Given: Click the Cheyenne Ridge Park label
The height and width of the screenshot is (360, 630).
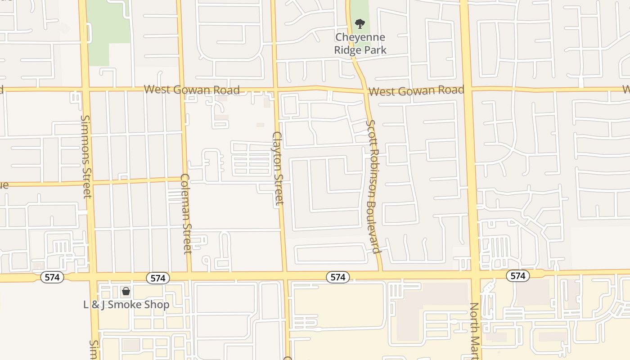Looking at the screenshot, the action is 360,43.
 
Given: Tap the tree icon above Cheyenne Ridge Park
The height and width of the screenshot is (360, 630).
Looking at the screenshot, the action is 360,23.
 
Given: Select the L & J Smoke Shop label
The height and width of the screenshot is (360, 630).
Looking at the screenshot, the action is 126,305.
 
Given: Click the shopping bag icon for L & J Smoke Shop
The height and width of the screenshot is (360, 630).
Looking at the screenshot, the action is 126,291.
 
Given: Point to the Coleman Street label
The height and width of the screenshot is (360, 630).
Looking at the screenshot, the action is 187,214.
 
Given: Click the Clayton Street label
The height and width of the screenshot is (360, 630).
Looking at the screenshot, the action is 279,168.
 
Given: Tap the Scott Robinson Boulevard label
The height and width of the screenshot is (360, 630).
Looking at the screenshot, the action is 373,186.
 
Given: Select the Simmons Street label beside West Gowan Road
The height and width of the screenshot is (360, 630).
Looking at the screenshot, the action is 86,156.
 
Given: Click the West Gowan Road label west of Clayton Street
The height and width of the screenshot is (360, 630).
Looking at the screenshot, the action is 192,90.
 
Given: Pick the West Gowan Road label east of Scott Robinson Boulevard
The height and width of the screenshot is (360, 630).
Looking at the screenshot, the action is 416,91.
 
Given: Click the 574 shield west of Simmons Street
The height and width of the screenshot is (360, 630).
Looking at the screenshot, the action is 52,277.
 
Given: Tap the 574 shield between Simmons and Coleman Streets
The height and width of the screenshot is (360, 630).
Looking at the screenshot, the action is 158,278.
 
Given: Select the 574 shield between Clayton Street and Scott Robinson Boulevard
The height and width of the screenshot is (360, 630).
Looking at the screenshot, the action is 337,277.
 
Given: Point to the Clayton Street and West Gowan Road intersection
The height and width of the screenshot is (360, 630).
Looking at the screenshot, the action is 275,89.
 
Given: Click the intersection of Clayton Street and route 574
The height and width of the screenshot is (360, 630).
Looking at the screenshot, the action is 284,275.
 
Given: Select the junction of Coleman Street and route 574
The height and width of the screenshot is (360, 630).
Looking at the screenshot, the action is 189,275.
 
